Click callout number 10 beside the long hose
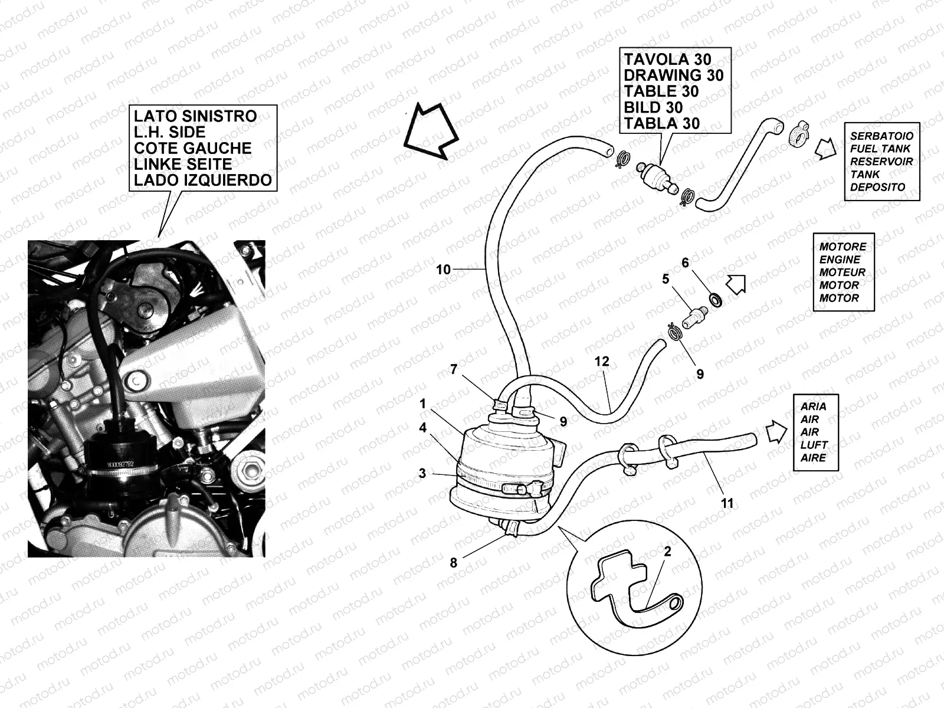coord(443,270)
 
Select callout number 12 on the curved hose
coord(602,361)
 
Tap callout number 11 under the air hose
coord(727,503)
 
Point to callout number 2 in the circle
coord(667,552)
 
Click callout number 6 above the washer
coord(685,263)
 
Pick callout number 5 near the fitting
coord(666,278)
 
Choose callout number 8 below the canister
coord(453,562)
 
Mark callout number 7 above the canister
coord(453,369)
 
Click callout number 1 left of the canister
coord(422,404)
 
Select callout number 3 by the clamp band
coord(422,473)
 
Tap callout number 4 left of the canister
coord(422,428)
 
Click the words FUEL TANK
coord(880,149)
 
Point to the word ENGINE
coord(840,260)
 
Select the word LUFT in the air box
coord(814,445)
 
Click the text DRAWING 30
coord(673,76)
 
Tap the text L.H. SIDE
coord(170,132)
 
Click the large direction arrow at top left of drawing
coord(430,131)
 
